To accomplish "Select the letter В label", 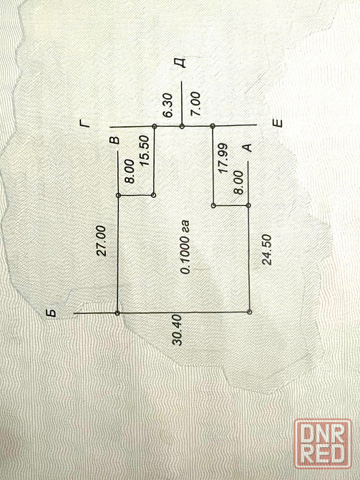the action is (x=115, y=140).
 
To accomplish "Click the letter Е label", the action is (x=277, y=123).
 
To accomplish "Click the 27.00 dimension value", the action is (x=101, y=240).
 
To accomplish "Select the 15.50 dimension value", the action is (x=144, y=150).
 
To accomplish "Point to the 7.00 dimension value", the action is (x=195, y=104).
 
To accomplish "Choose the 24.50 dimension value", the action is (x=266, y=249).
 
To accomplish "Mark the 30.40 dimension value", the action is (x=177, y=330).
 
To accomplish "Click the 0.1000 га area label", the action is (x=185, y=246).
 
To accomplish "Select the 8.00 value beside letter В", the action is (x=130, y=171).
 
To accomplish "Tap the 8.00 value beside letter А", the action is (x=238, y=183).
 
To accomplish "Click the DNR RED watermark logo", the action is (x=323, y=444).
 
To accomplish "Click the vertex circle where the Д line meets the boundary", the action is (x=182, y=126).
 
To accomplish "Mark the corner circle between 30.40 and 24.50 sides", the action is (x=250, y=312).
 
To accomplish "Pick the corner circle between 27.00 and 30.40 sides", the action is (x=117, y=313).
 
